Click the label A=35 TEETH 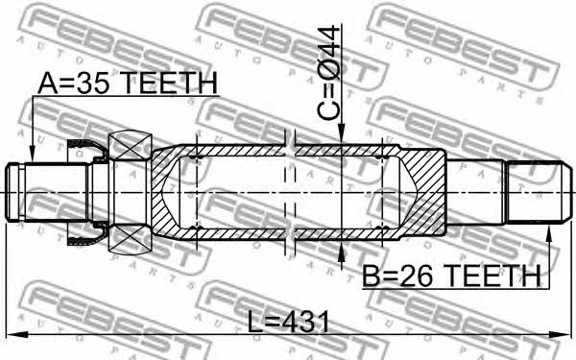(128, 83)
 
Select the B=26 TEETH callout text (452, 276)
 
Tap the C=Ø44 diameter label (329, 72)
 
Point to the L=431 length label (288, 322)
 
